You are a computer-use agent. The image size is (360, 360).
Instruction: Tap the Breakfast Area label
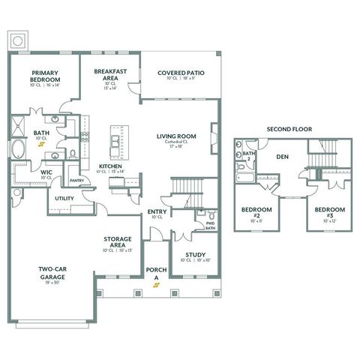pos(109,73)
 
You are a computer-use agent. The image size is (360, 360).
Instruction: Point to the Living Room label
pos(176,136)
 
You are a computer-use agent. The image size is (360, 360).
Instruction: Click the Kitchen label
pos(110,166)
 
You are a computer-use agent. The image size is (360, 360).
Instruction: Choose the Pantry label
pos(76,180)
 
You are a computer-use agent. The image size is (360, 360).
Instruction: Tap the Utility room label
pos(64,198)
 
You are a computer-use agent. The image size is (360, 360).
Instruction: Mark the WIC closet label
pos(25,172)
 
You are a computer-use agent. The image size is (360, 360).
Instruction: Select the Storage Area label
pos(118,242)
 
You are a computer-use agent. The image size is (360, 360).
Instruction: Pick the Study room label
pos(195,255)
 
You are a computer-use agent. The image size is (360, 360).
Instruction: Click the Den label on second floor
pos(282,157)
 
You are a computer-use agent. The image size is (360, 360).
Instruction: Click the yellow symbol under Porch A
pos(155,286)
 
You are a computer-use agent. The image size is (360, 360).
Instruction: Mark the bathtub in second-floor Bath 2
pos(245,178)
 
